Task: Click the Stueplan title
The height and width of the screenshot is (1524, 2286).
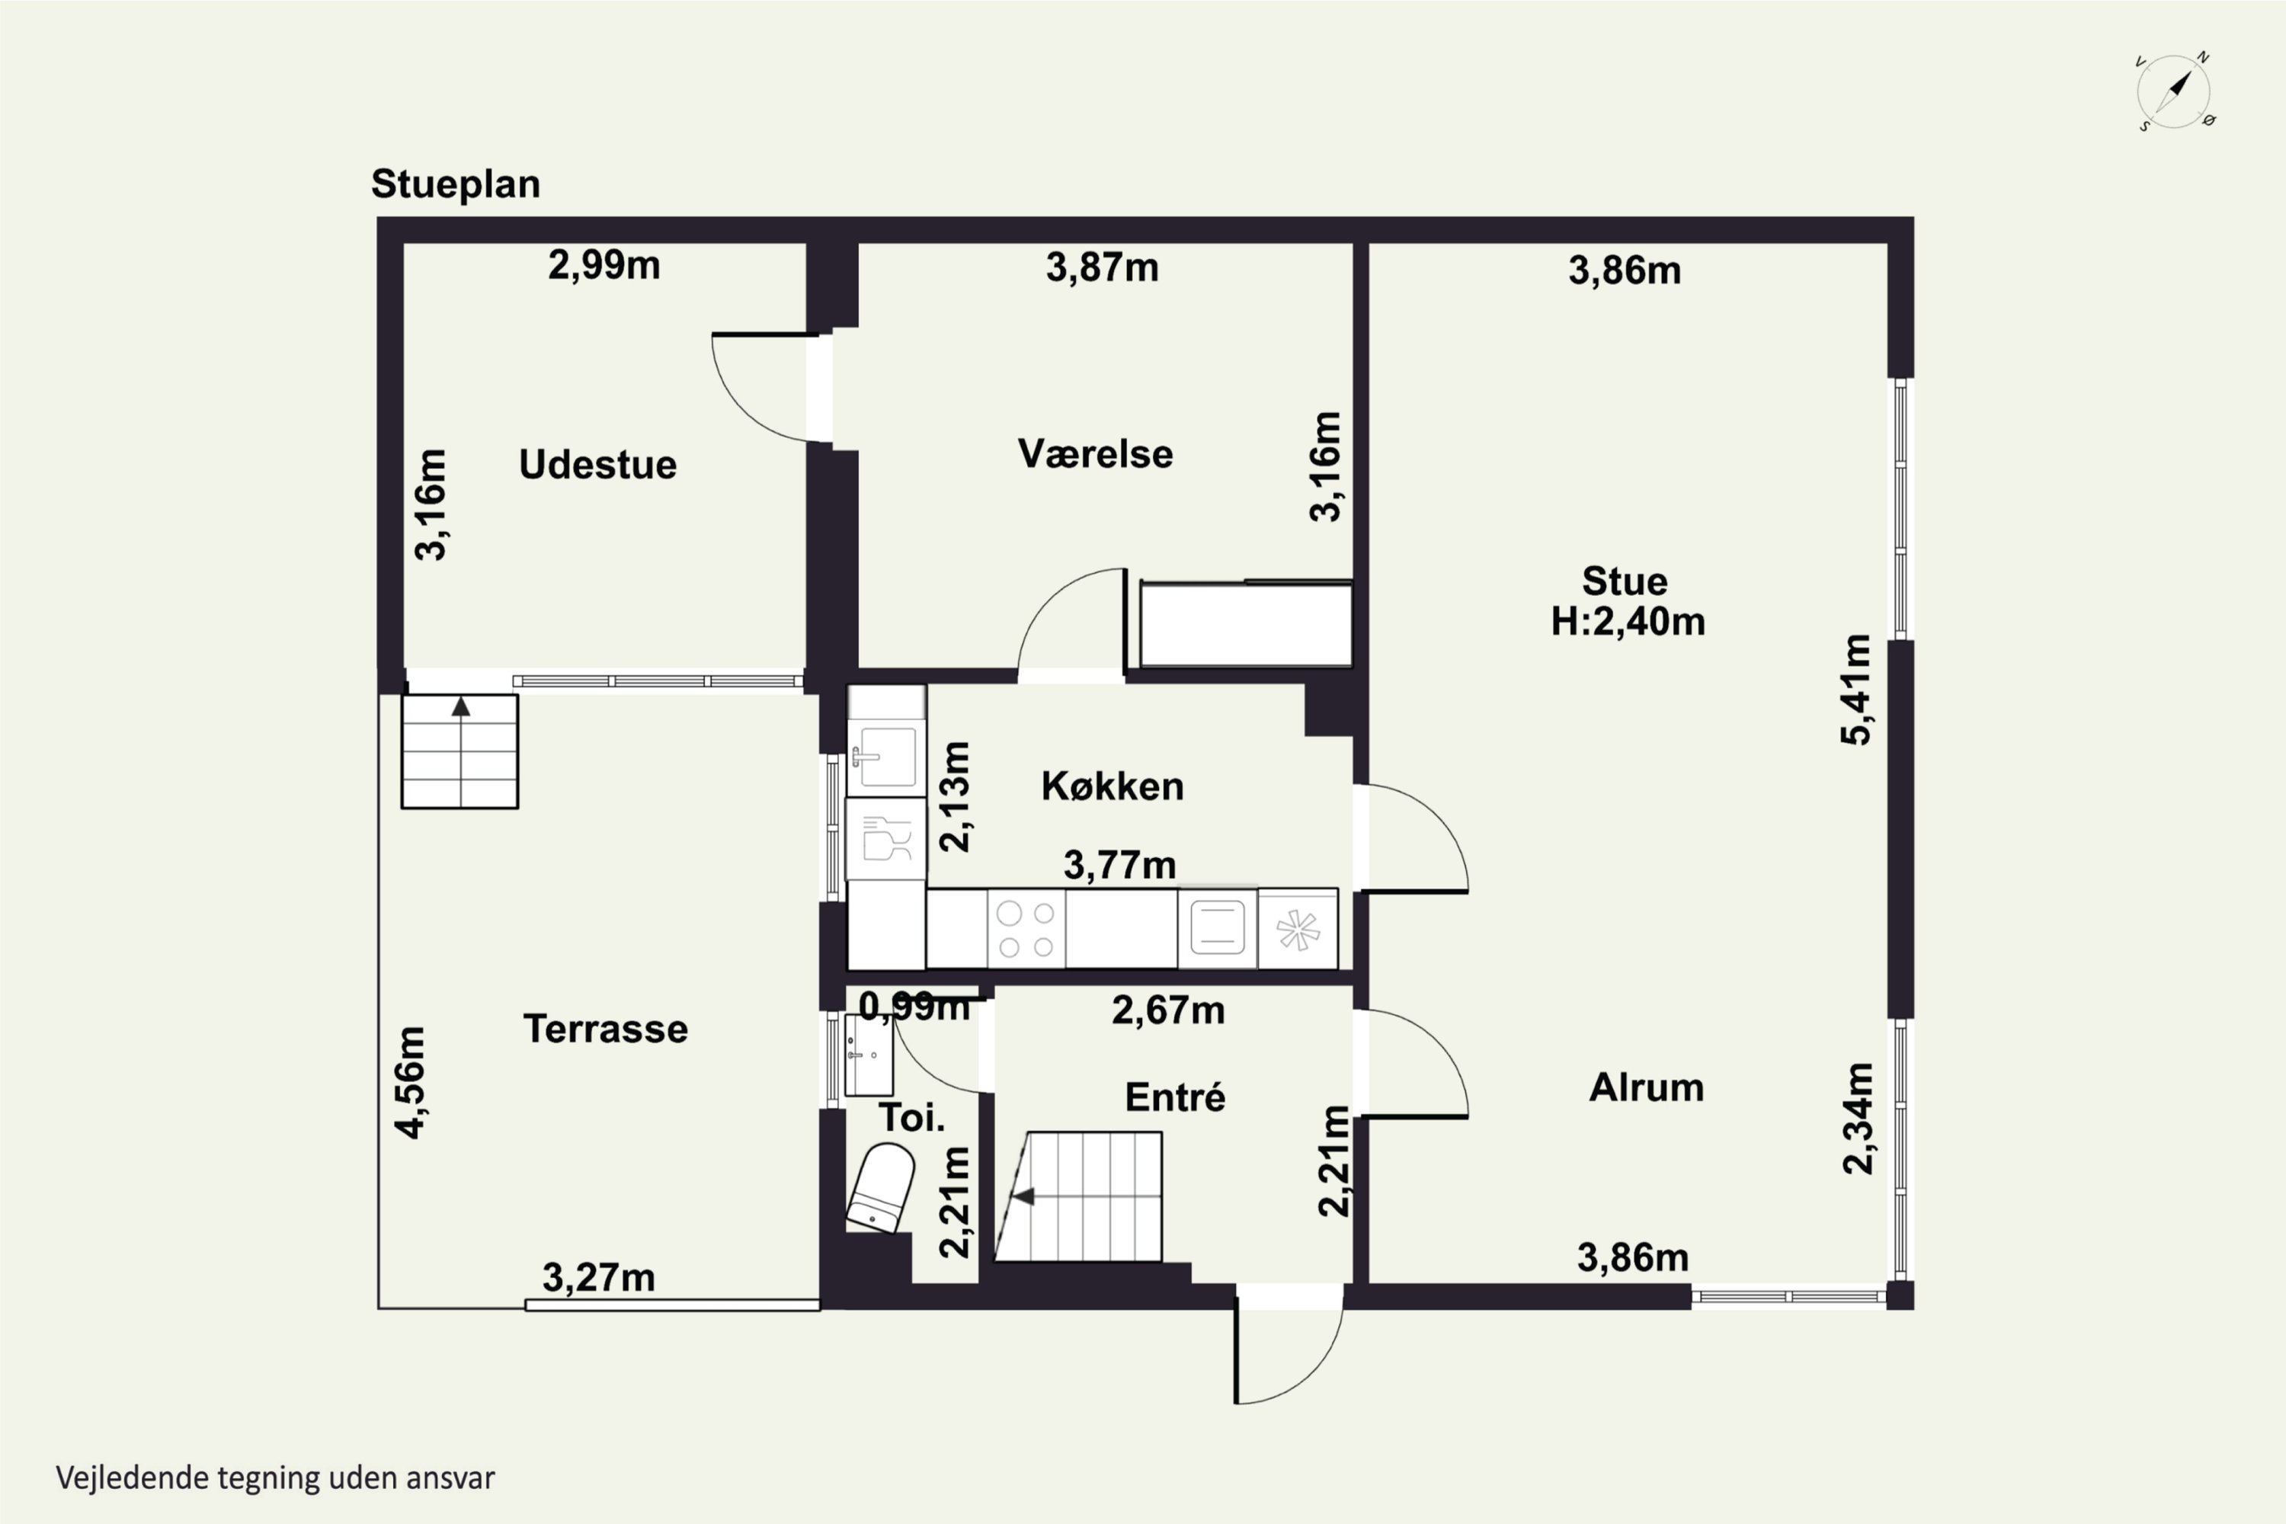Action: pos(456,184)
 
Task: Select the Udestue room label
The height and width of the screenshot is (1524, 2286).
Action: pos(597,465)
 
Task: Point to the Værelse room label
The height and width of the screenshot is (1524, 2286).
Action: pos(1096,454)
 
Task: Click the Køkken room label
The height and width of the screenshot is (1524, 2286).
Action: pos(1113,786)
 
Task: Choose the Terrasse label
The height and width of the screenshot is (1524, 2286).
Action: pos(606,1028)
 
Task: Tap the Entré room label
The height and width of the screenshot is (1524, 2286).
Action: pos(1175,1097)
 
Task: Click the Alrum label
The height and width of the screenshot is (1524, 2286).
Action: pos(1647,1087)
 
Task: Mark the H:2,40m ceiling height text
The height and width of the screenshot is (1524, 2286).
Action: pos(1628,621)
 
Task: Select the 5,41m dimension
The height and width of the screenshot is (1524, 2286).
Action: pos(1855,689)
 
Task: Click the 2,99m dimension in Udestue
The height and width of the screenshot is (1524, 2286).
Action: pos(604,264)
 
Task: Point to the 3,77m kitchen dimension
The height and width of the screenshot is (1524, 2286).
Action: pos(1119,864)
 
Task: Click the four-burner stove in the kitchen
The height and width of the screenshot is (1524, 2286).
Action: pos(1026,929)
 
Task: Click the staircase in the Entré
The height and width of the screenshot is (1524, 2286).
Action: pos(1078,1196)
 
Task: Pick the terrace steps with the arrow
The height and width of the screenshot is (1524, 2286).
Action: pos(459,751)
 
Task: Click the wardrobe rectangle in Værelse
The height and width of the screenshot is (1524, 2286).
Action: pos(1246,624)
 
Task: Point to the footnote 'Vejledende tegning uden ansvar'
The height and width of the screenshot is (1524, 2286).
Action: pos(275,1478)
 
